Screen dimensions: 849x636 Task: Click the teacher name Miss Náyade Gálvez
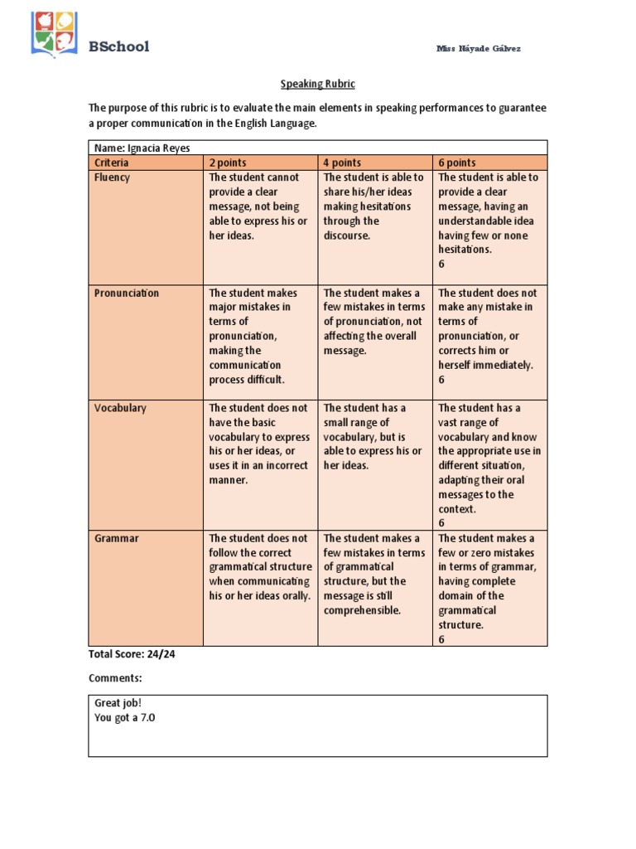479,49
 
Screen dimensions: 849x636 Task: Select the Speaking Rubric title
318,85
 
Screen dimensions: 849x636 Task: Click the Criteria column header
113,163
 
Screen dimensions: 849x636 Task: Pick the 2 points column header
228,163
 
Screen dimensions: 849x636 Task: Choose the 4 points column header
342,163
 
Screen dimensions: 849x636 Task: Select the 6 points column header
456,163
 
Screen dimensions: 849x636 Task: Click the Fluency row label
112,177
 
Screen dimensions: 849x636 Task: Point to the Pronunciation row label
127,293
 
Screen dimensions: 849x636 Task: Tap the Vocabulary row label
120,408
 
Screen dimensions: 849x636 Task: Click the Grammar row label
117,538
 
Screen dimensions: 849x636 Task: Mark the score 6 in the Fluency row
441,264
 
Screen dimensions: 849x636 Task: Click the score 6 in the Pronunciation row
441,380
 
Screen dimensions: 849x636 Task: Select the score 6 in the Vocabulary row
441,523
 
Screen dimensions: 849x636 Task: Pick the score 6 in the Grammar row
441,639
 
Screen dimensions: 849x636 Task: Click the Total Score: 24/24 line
132,654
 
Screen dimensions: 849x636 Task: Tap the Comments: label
115,678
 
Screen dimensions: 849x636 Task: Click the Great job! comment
118,703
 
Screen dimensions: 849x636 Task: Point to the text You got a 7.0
125,718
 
